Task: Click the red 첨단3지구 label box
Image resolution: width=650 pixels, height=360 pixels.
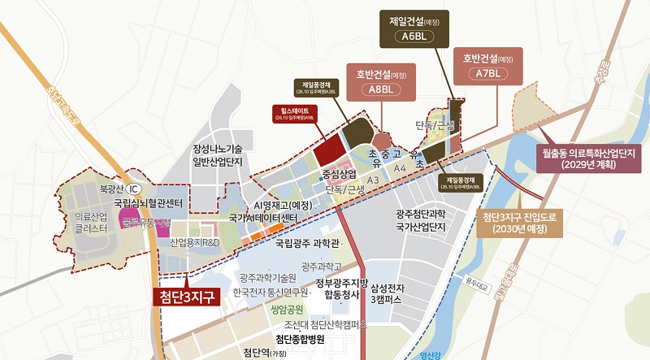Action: click(186, 296)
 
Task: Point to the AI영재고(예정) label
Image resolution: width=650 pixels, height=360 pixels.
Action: click(283, 205)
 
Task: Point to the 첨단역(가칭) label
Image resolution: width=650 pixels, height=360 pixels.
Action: click(271, 353)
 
